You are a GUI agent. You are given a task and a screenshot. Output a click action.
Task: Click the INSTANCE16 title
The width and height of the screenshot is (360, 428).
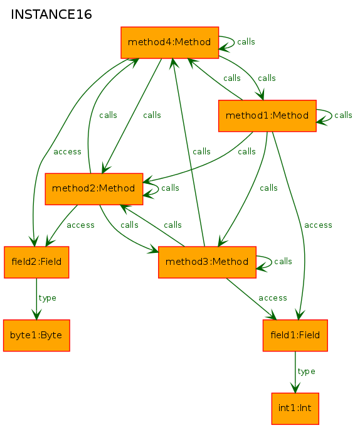point(51,14)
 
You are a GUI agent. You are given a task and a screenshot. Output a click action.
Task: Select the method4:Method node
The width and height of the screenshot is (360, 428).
point(169,43)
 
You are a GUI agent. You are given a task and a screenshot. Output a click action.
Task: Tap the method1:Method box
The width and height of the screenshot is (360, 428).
point(267,115)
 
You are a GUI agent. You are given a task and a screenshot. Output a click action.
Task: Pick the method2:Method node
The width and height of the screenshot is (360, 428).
point(94,189)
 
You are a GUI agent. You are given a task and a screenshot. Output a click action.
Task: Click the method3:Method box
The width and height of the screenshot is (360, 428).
point(207,262)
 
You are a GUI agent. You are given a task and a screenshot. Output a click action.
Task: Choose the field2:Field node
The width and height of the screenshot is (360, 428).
point(36,262)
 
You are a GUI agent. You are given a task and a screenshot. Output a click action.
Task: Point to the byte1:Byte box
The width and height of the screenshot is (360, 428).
point(36,336)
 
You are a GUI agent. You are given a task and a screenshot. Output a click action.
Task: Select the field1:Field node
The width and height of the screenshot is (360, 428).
point(295,336)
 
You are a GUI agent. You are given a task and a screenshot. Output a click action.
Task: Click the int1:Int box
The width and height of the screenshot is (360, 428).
point(295,409)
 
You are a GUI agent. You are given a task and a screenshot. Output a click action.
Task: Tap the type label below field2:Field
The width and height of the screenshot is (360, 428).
point(48,298)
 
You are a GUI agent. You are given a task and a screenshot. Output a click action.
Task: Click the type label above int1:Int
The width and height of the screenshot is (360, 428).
point(306,372)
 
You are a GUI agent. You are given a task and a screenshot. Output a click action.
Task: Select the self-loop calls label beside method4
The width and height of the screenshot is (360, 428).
point(246,42)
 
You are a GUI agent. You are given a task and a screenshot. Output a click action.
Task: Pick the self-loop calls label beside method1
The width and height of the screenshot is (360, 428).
point(343,115)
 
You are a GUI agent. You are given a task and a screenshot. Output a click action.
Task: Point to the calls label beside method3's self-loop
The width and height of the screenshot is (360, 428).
point(283,262)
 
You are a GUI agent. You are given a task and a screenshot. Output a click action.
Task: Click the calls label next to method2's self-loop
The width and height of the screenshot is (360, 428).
point(170,188)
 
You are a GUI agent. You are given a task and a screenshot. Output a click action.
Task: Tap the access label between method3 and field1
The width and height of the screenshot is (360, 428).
point(273,298)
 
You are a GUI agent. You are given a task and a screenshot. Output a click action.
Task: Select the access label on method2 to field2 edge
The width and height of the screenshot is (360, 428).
point(80,225)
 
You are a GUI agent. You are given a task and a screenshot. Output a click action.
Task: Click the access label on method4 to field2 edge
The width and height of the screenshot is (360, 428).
point(67,152)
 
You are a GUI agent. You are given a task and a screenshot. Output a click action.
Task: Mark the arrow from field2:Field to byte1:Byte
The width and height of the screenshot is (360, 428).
point(36,299)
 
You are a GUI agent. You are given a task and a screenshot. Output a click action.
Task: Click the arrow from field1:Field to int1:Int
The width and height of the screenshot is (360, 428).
point(295,372)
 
